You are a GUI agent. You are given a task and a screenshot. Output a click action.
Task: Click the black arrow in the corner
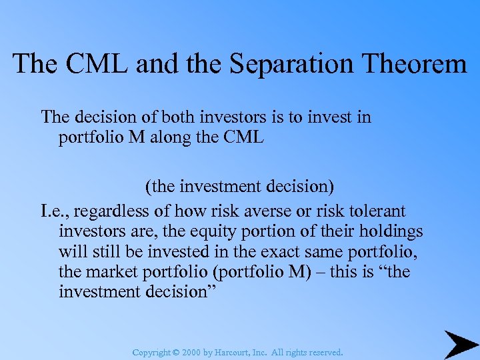459,344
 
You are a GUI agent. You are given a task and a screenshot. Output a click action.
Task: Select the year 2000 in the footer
189,352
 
